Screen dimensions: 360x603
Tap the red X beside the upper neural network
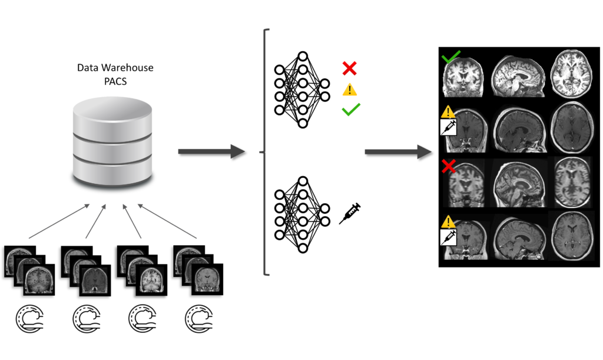pyautogui.click(x=349, y=68)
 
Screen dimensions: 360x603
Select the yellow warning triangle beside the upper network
pyautogui.click(x=350, y=90)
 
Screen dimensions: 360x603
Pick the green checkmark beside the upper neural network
pyautogui.click(x=350, y=109)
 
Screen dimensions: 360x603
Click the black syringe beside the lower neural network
pyautogui.click(x=350, y=213)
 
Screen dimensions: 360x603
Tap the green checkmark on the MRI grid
pyautogui.click(x=452, y=58)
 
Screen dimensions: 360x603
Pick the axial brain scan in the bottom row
pyautogui.click(x=569, y=236)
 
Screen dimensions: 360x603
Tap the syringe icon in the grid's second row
pyautogui.click(x=449, y=127)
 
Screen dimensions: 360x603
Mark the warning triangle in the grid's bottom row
pyautogui.click(x=449, y=222)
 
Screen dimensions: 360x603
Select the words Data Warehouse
pyautogui.click(x=115, y=68)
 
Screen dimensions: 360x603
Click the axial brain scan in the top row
pyautogui.click(x=570, y=75)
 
